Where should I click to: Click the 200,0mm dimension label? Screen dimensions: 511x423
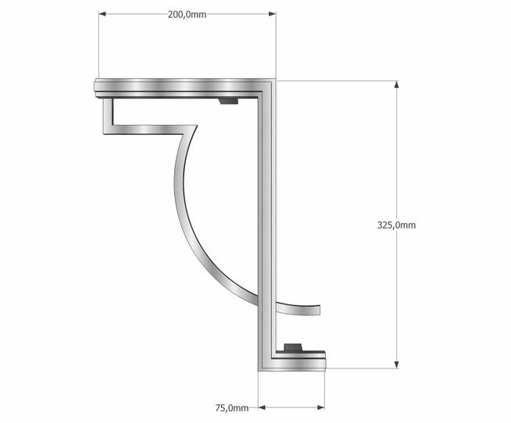tap(187, 15)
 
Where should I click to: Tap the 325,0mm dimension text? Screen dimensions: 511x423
tap(396, 225)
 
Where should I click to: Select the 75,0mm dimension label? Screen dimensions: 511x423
tap(232, 407)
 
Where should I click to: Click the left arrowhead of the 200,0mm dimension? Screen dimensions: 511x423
tap(102, 14)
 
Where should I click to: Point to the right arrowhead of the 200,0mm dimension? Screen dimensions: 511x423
tap(272, 14)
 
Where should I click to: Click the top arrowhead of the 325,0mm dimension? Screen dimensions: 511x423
tap(396, 84)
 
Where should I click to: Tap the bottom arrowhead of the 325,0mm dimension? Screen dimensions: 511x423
tap(396, 364)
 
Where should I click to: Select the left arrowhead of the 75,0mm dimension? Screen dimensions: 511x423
tap(262, 407)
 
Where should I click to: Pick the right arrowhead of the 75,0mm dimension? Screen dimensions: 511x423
tap(320, 407)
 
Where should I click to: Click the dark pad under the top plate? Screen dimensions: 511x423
tap(228, 101)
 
